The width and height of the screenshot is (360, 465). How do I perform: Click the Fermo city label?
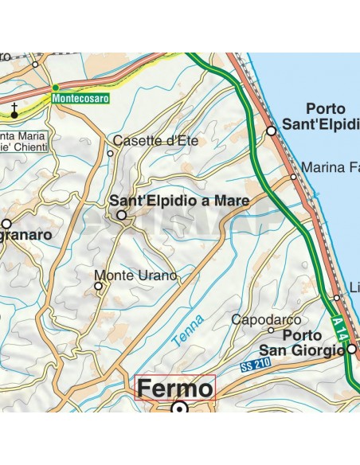click(x=175, y=389)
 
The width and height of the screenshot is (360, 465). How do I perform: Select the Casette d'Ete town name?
click(x=154, y=141)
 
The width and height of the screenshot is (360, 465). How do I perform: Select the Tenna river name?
click(x=187, y=329)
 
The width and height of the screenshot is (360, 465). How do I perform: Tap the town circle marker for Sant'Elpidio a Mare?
click(x=122, y=215)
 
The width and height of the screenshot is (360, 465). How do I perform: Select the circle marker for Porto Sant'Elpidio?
click(x=272, y=130)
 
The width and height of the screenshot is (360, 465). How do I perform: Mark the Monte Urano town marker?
click(x=99, y=284)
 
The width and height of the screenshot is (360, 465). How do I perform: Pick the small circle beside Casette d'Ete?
click(x=111, y=154)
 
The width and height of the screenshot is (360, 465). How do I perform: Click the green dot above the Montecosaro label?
click(x=55, y=87)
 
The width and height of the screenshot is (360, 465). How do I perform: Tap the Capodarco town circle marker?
click(x=271, y=330)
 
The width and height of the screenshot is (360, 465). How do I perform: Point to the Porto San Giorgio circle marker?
click(x=350, y=348)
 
